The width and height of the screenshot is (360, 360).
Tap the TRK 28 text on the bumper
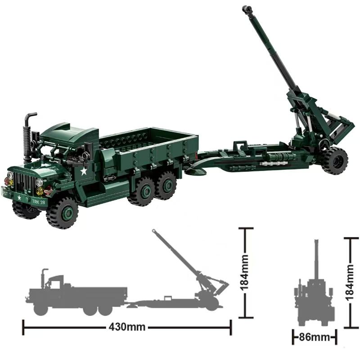[39, 202]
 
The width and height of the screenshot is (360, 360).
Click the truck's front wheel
[62, 212]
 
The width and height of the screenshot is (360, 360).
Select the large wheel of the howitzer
[335, 160]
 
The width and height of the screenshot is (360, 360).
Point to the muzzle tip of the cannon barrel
[246, 9]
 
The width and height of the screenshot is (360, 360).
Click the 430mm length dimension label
[127, 327]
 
